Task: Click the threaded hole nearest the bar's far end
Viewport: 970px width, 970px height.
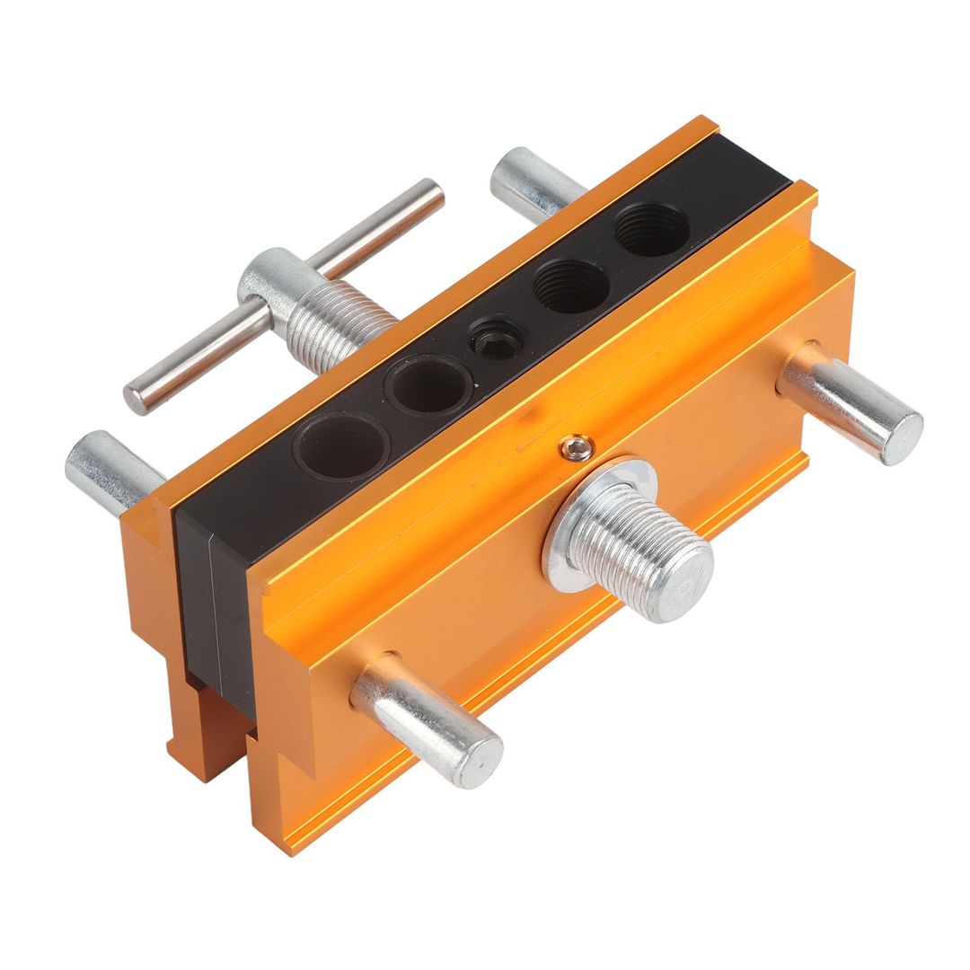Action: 651,230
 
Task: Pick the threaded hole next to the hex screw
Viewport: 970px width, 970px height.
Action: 571,287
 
